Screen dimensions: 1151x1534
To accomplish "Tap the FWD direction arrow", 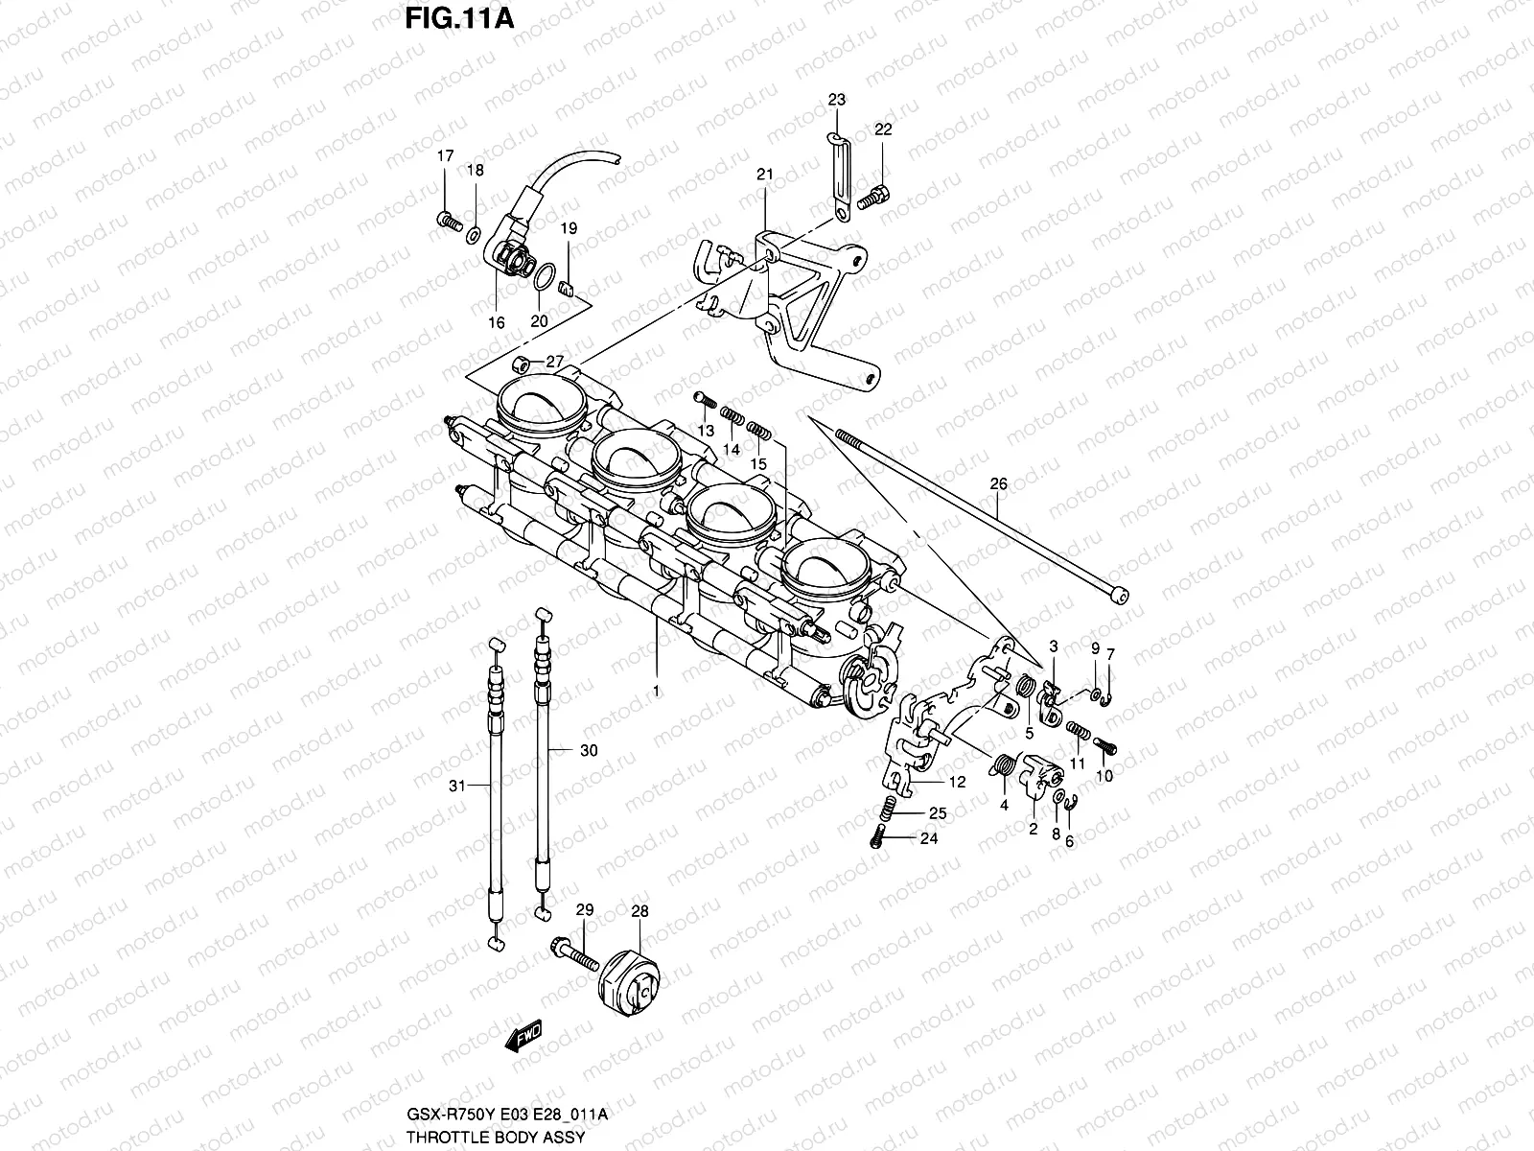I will tap(523, 1036).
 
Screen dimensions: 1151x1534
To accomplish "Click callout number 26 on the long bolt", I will tap(998, 484).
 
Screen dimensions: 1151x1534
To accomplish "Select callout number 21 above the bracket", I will tap(764, 175).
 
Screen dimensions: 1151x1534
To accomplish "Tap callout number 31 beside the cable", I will tap(457, 786).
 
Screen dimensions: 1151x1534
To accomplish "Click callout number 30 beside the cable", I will tap(589, 750).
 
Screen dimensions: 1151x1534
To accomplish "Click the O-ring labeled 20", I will tap(544, 279).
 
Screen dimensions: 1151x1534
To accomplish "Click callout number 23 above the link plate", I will tap(837, 100).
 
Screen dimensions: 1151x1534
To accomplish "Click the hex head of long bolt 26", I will tap(1117, 596).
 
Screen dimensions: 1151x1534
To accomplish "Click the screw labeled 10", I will tap(1105, 745).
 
